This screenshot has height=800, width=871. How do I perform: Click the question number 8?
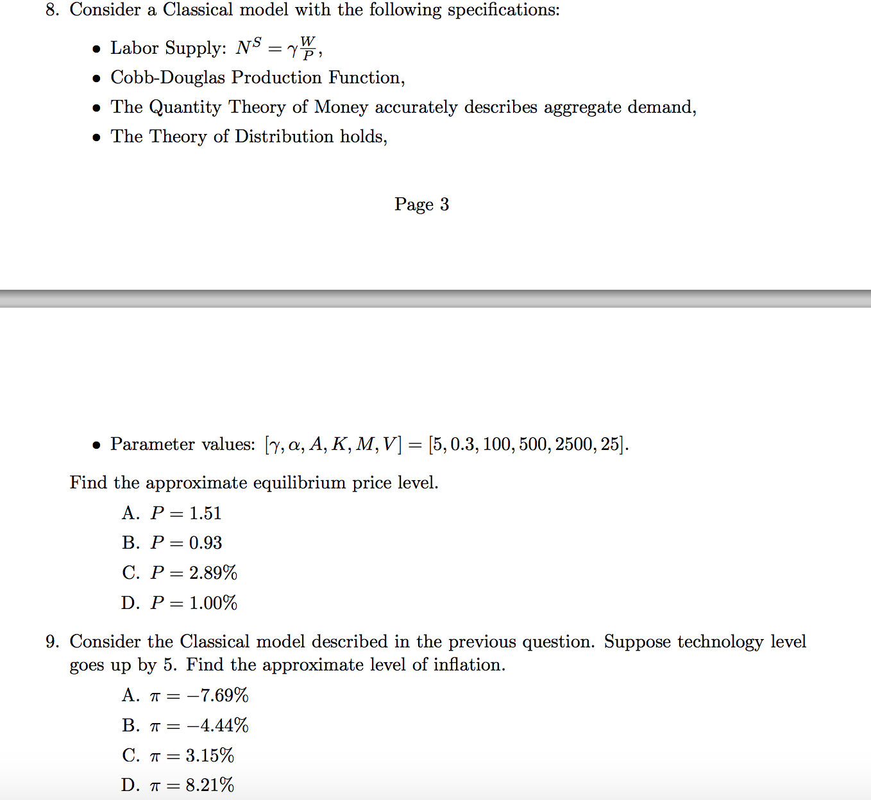(x=52, y=10)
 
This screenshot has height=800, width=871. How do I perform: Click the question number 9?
(x=52, y=642)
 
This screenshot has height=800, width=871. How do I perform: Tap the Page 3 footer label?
(x=421, y=204)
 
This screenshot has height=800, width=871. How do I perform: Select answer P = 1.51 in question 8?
(x=185, y=513)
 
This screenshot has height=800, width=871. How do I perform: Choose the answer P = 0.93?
(x=185, y=543)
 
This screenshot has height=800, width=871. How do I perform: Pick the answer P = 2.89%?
(x=193, y=572)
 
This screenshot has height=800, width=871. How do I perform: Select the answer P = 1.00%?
(x=193, y=603)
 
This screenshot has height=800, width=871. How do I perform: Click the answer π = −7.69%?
(x=198, y=696)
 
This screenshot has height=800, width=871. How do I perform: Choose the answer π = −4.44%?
(x=198, y=726)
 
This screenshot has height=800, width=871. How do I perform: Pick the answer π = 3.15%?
(x=191, y=756)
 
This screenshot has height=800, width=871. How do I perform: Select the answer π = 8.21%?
(x=191, y=785)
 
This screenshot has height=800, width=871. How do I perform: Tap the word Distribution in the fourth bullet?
(x=284, y=137)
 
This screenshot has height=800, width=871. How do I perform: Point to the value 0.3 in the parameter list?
(x=462, y=444)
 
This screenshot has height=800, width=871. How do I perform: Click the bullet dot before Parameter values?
(x=96, y=445)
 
